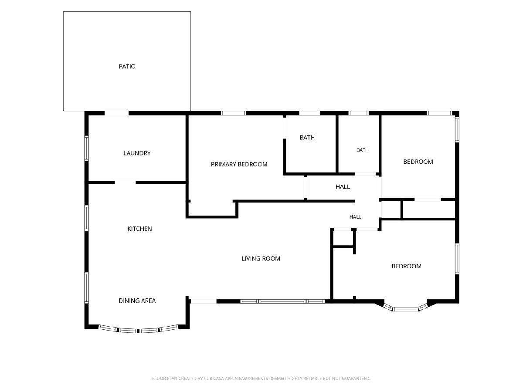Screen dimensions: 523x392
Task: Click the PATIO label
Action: tap(127, 66)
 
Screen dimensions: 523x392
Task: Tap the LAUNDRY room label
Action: tap(137, 153)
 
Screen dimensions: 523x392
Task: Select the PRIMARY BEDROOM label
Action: tap(239, 164)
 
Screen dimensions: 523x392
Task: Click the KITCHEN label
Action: tap(139, 229)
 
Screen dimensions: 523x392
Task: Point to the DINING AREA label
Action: tap(137, 301)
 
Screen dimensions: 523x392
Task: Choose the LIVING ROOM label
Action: tap(261, 258)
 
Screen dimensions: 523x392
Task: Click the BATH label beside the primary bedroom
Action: tap(307, 137)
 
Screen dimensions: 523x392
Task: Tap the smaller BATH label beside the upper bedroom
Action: tap(363, 150)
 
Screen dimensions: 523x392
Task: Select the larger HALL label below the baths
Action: tap(343, 187)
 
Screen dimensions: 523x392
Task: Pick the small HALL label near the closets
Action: tap(355, 217)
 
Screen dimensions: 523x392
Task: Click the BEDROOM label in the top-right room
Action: tap(418, 162)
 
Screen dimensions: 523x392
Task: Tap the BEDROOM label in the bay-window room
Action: tap(407, 266)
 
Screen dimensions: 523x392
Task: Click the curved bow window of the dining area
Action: tap(138, 330)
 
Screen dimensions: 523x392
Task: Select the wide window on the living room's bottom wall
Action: tap(282, 301)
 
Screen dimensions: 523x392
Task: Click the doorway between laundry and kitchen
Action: tap(126, 182)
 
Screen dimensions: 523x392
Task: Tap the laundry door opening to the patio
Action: tap(116, 113)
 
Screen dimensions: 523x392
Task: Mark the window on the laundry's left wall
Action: tap(86, 148)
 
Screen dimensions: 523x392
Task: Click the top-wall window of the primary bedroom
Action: tap(233, 113)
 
